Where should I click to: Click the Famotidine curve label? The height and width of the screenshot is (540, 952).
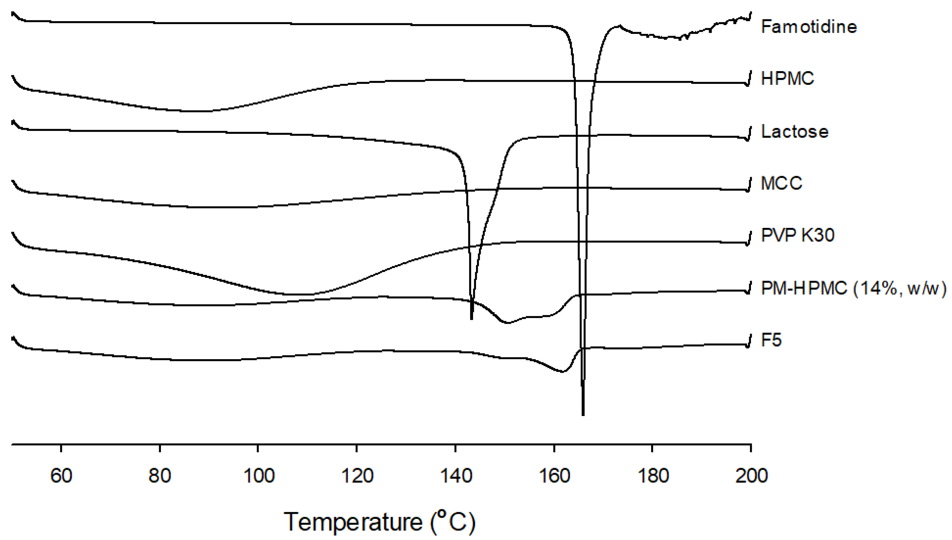coord(809,27)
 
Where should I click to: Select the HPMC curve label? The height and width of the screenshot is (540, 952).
coord(787,79)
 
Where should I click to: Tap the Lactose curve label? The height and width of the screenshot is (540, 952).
coord(795,132)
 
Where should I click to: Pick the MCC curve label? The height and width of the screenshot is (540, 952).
coord(781,183)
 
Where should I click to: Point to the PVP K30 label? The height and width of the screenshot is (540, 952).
coord(798,235)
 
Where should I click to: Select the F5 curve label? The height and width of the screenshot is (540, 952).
coord(771,340)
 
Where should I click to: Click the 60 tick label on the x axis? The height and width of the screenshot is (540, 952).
coord(61,475)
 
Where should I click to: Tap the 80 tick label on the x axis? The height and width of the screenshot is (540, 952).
coord(160,475)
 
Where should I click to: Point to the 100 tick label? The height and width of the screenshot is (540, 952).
coord(259,475)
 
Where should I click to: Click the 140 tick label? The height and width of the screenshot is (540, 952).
coord(456,475)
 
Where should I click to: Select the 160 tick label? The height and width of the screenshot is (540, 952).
coord(555,475)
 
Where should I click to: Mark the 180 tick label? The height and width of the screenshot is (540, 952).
coord(653,475)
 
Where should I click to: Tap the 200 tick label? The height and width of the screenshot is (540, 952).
coord(751,475)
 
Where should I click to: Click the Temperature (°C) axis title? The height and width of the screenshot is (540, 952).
coord(379,522)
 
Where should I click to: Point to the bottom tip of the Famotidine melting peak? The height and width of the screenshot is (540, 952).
coord(583,415)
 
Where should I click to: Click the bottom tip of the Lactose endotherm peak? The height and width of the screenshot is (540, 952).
coord(471,319)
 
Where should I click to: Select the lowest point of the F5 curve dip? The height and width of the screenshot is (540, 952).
coord(562,372)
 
